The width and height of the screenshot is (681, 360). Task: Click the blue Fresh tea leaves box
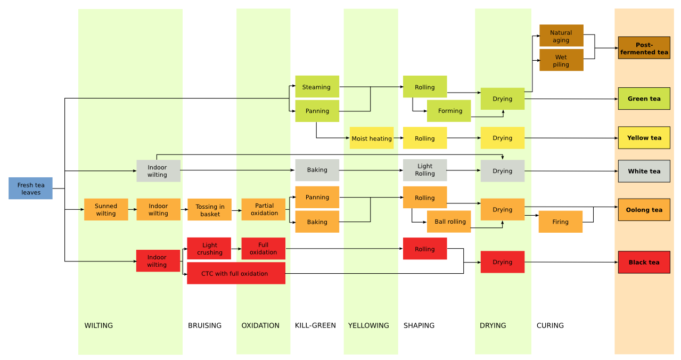(30, 189)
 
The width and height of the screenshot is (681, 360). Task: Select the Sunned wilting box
(106, 209)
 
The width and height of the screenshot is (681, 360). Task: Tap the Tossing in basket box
(209, 210)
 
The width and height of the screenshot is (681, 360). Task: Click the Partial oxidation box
(264, 209)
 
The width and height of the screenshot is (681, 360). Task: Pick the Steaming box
(317, 87)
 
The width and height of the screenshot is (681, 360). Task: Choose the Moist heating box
(371, 138)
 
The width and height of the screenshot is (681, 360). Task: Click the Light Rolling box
(424, 170)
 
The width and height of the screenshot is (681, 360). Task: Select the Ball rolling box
(449, 222)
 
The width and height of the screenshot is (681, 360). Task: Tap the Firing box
(560, 222)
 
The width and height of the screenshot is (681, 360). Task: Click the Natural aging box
(561, 36)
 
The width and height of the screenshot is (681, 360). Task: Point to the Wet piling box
(561, 60)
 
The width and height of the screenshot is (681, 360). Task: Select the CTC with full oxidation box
(236, 273)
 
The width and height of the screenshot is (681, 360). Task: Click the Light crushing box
(209, 248)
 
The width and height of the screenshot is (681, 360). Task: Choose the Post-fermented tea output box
(644, 48)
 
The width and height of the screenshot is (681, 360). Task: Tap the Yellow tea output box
(644, 138)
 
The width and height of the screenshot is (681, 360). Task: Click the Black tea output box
(644, 262)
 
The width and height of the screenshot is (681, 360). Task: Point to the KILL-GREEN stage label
(315, 325)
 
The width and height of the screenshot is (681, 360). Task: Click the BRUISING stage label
(204, 325)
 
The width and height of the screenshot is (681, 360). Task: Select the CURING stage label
(550, 325)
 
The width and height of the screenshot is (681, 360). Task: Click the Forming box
(449, 111)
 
